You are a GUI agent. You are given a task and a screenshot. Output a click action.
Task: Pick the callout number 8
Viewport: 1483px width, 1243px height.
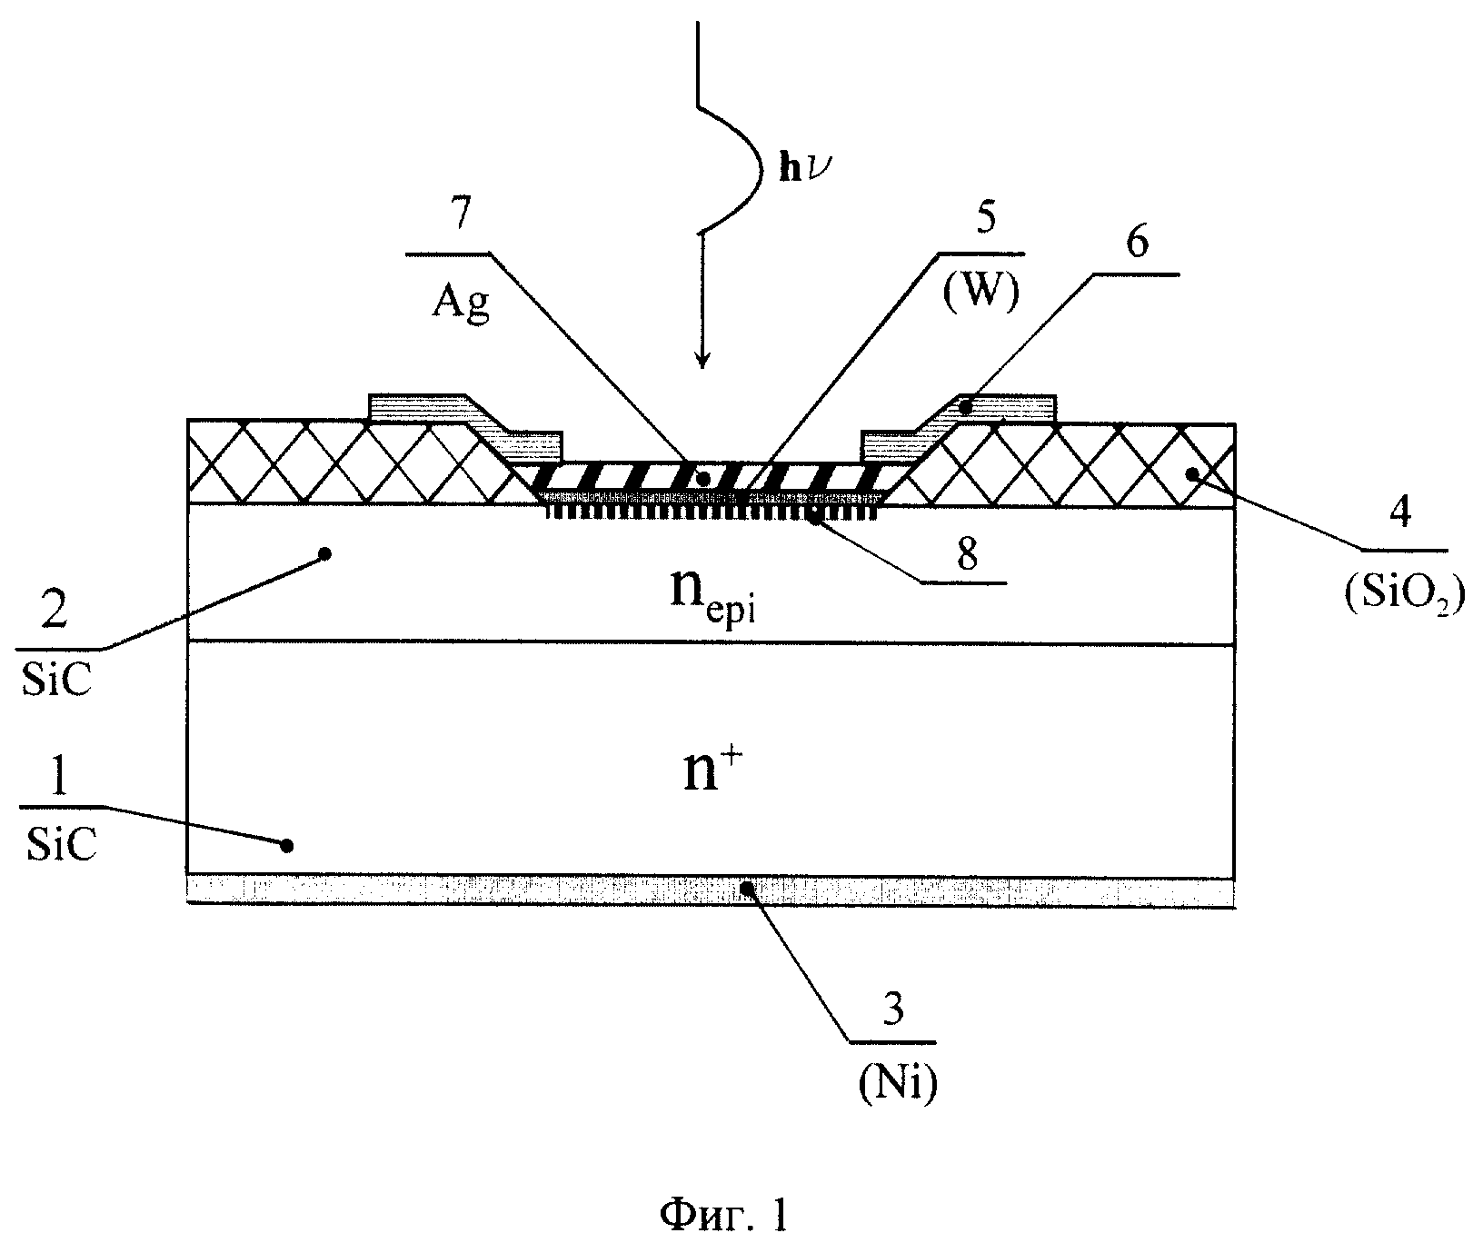[967, 554]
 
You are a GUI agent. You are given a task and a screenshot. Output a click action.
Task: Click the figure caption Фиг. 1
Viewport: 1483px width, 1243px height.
[722, 1217]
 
